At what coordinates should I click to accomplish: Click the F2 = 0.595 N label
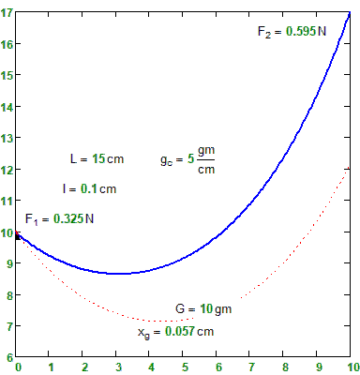(x=292, y=31)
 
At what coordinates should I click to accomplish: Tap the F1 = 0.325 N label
(x=60, y=219)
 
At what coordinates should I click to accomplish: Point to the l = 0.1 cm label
(x=89, y=188)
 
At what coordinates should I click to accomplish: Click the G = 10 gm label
(x=203, y=308)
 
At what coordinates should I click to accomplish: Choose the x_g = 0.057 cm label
(x=175, y=331)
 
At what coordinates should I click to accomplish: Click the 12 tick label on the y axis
(x=7, y=170)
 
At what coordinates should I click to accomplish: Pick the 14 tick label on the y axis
(x=7, y=108)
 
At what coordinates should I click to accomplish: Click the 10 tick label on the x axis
(x=350, y=367)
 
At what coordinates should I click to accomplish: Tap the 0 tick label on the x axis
(x=19, y=367)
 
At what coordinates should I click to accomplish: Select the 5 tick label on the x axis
(x=185, y=367)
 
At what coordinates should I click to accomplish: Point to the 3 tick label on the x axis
(x=118, y=367)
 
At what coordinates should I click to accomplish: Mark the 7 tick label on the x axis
(x=251, y=367)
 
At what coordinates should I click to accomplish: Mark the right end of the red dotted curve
(x=350, y=170)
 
